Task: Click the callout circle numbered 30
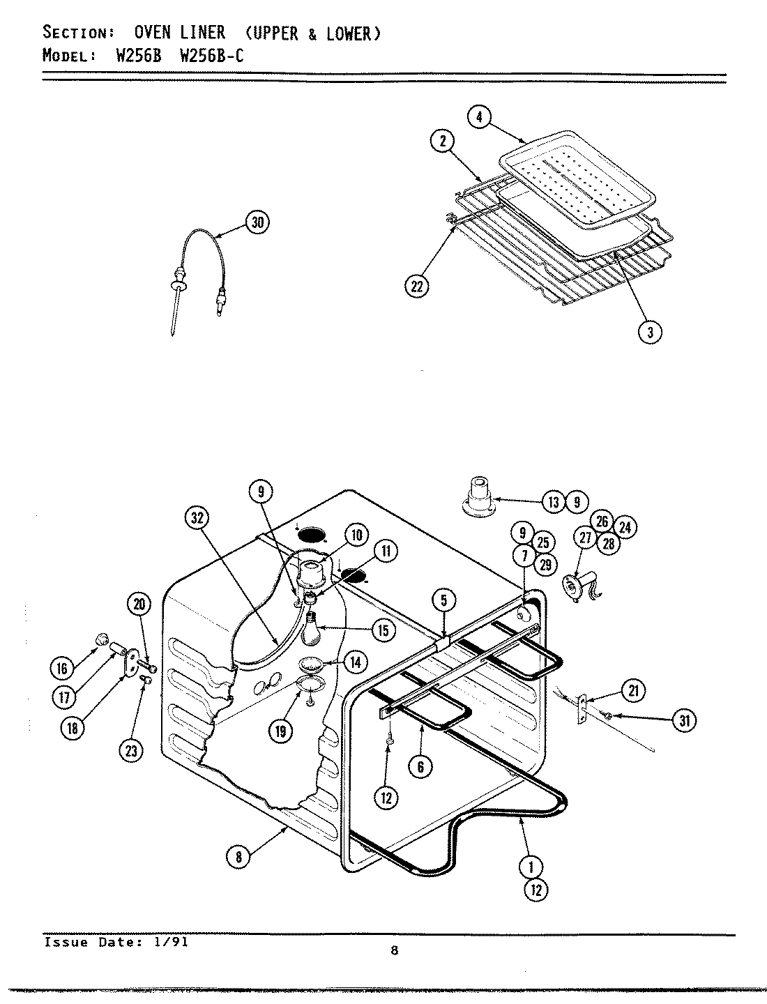[257, 222]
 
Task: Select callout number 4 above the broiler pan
[478, 117]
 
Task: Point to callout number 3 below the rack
[649, 332]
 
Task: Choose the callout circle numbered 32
[197, 518]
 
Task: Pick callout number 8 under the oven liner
[238, 857]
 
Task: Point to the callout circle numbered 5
[443, 599]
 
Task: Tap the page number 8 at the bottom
[394, 950]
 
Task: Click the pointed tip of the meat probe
[172, 335]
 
